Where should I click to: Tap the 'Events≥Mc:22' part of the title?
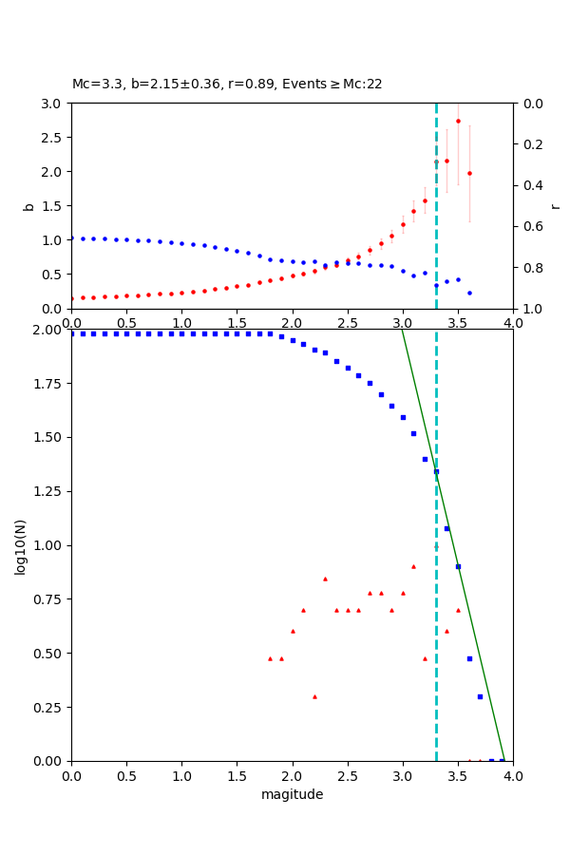click(332, 85)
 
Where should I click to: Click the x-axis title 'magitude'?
click(292, 794)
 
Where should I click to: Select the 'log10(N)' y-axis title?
click(21, 545)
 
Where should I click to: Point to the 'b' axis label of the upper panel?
click(28, 206)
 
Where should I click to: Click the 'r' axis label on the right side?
click(556, 206)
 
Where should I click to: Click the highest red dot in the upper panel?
click(458, 121)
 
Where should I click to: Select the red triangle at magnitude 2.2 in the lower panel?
click(314, 696)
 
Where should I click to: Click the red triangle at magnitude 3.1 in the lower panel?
click(413, 566)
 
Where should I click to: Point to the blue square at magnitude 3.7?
click(480, 696)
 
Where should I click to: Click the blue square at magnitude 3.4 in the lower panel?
click(446, 529)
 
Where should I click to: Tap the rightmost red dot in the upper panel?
click(469, 173)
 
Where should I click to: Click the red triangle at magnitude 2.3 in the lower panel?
click(325, 579)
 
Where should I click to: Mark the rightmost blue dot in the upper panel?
click(469, 293)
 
